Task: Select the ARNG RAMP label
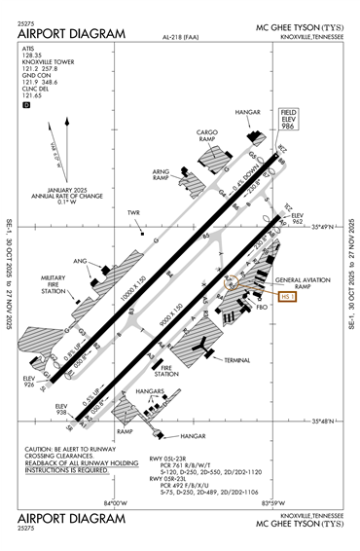(162, 175)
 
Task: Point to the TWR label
(133, 212)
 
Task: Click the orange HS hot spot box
(286, 297)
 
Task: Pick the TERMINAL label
(237, 360)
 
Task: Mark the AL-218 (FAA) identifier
(180, 38)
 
